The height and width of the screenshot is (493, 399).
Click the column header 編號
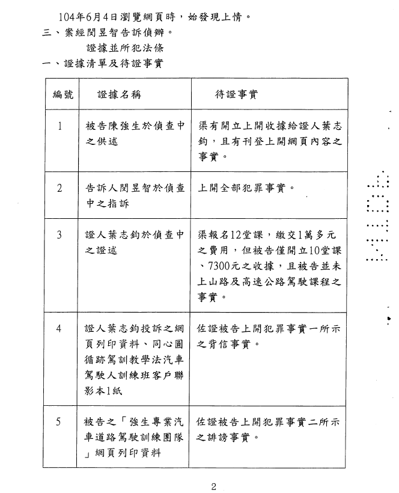(63, 94)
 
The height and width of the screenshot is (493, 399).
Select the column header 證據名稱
(120, 94)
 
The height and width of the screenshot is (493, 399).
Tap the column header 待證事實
(236, 94)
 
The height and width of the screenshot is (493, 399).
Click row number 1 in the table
(59, 126)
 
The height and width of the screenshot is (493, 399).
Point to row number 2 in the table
(59, 188)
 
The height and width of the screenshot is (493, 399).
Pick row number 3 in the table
(59, 235)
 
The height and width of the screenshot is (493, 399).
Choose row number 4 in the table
(59, 328)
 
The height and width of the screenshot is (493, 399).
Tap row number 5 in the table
(58, 421)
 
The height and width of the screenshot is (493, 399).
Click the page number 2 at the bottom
(214, 487)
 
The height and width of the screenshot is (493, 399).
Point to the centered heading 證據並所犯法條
(125, 48)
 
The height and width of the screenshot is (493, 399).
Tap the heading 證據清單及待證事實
(114, 64)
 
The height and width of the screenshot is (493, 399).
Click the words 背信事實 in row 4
(229, 344)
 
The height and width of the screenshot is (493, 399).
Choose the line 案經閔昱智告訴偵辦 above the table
(119, 32)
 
